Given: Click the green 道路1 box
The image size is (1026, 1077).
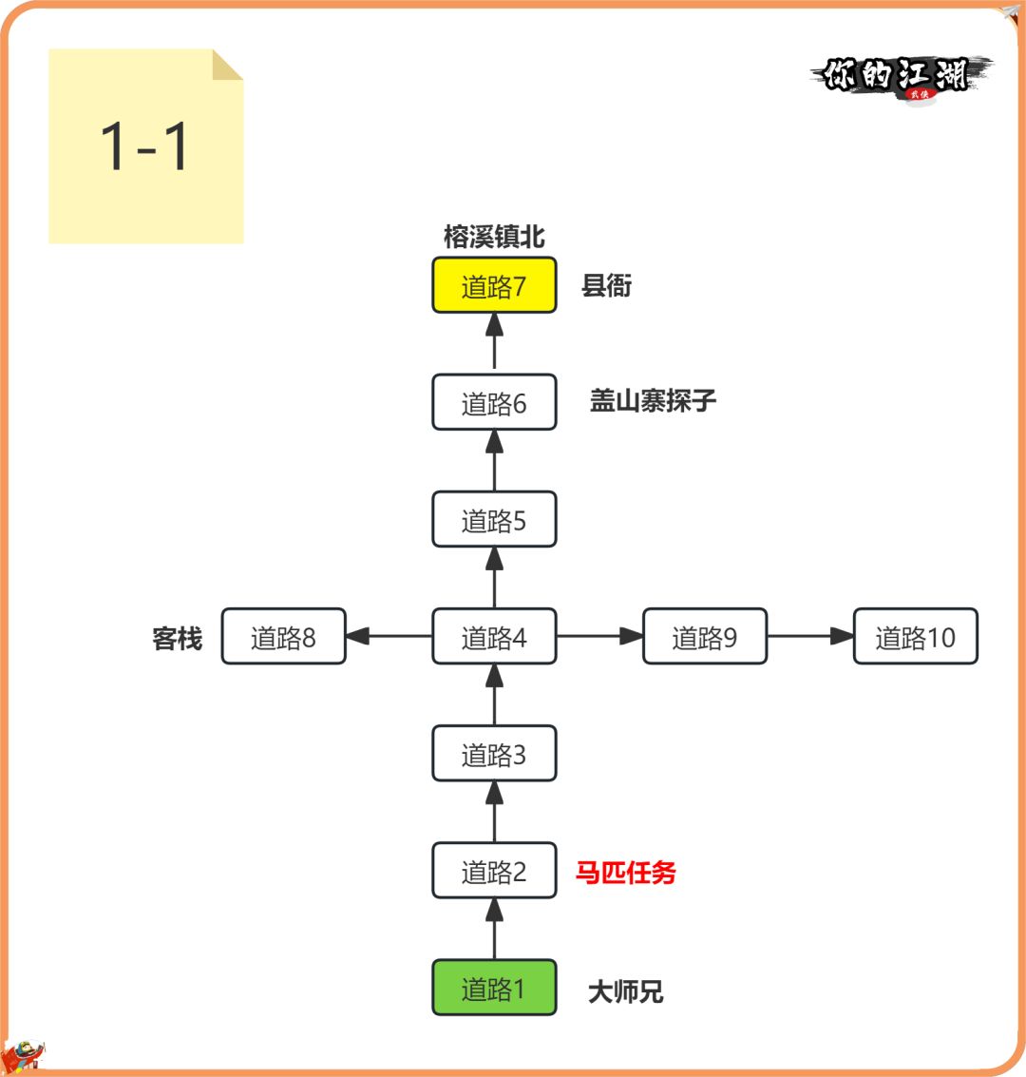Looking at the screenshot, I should (x=494, y=989).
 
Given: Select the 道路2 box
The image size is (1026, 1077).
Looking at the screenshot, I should (x=494, y=871).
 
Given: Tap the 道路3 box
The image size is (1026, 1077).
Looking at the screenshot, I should (x=494, y=754).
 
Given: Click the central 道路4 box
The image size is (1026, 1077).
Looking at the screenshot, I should (x=494, y=637).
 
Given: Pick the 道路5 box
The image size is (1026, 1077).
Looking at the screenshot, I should (x=494, y=520).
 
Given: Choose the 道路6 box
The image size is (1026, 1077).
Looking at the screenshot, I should (x=494, y=403).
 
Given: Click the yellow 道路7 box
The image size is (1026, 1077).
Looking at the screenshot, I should (x=494, y=285).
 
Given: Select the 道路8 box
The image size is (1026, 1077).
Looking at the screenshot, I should (x=283, y=637).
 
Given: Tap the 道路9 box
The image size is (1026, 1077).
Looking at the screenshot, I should (x=704, y=637).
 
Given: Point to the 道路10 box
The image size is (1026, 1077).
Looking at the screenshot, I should (x=915, y=637).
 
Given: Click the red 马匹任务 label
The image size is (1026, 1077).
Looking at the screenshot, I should (x=625, y=872).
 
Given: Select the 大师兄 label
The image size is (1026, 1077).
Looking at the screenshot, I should (x=625, y=992).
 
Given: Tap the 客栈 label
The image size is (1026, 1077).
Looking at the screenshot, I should (x=178, y=639).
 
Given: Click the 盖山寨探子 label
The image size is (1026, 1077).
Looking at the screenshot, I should (x=653, y=400).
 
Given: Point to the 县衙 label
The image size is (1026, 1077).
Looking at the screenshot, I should (x=606, y=285).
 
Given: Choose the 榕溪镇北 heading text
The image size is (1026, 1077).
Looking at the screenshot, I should (x=494, y=237).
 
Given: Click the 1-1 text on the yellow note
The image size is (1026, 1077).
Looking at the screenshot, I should (x=144, y=147).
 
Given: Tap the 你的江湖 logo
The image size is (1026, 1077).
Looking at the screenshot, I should (x=897, y=76).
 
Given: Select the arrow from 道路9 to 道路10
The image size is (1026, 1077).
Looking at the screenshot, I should (x=809, y=637).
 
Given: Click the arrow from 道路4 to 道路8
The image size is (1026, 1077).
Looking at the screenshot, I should (x=389, y=637).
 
